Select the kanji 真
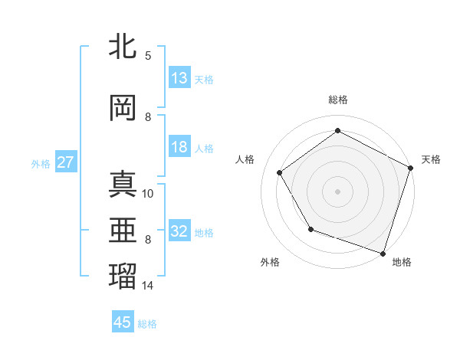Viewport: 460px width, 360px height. [123, 185]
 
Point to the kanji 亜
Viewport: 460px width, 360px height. [123, 230]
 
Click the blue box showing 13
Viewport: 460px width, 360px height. [179, 78]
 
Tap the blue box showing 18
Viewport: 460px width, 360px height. [179, 148]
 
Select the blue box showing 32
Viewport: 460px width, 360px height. [179, 232]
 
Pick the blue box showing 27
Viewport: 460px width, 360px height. [65, 162]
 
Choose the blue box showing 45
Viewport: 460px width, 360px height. [123, 322]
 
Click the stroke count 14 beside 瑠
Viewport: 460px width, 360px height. [148, 286]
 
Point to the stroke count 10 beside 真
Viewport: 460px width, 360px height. [148, 194]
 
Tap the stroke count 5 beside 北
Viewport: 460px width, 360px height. [148, 55]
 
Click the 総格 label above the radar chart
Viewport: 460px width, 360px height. [338, 100]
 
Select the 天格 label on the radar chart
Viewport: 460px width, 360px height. [431, 159]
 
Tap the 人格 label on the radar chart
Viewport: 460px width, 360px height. [245, 159]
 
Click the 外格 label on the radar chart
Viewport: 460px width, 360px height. [270, 262]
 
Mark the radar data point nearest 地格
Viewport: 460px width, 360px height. [383, 253]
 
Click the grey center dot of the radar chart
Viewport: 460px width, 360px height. [338, 191]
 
